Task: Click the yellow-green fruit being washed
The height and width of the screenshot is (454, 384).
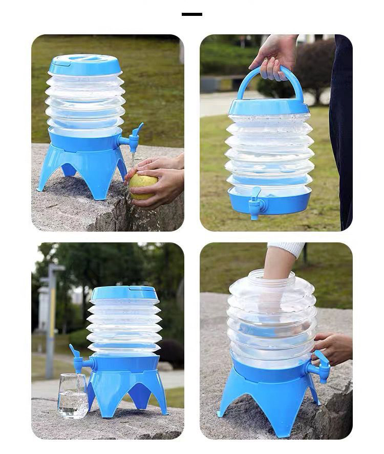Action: (x=142, y=185)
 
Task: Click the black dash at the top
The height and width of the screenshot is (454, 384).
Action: (x=192, y=14)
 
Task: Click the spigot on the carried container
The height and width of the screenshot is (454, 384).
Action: (x=255, y=203)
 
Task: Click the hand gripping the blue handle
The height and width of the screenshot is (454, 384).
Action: (x=274, y=56)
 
